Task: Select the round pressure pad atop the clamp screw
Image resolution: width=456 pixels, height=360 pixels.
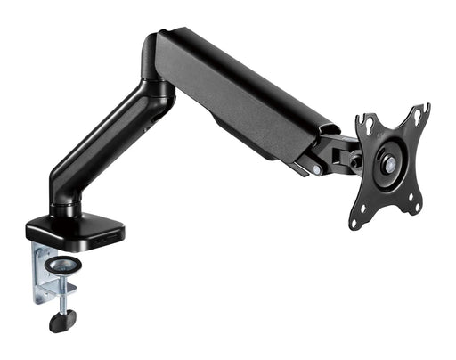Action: [x=64, y=266]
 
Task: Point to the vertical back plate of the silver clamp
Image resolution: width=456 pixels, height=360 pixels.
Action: [x=41, y=272]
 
